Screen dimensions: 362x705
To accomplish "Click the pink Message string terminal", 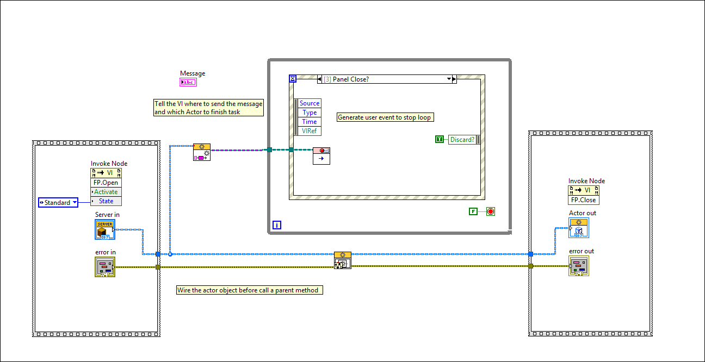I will click(188, 83).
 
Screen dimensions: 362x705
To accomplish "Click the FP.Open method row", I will click(106, 183).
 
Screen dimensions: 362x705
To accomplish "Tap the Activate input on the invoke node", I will click(106, 192).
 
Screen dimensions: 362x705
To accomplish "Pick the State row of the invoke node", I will click(106, 201).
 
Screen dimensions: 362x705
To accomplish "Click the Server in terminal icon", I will click(105, 230).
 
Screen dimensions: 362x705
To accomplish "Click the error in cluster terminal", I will click(105, 267).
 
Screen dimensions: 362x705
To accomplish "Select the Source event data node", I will click(310, 103).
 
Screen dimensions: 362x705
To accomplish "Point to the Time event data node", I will click(310, 122).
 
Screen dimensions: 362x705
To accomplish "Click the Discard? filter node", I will click(462, 140).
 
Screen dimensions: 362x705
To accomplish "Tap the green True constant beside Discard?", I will click(440, 140).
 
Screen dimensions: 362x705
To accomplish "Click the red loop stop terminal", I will click(491, 211).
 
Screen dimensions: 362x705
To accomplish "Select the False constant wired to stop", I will click(473, 211).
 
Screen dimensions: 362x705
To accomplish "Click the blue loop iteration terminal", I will click(276, 225).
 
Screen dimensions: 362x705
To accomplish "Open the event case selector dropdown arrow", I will click(449, 79).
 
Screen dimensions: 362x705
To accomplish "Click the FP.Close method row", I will click(584, 200).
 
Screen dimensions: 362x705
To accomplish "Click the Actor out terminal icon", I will click(579, 228).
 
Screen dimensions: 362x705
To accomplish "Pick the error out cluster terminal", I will click(579, 266).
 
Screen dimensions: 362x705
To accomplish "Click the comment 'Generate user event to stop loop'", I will click(386, 117).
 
